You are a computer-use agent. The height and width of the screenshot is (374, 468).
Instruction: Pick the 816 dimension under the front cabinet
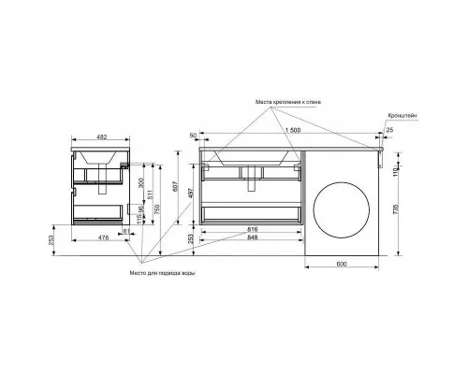click(253, 229)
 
